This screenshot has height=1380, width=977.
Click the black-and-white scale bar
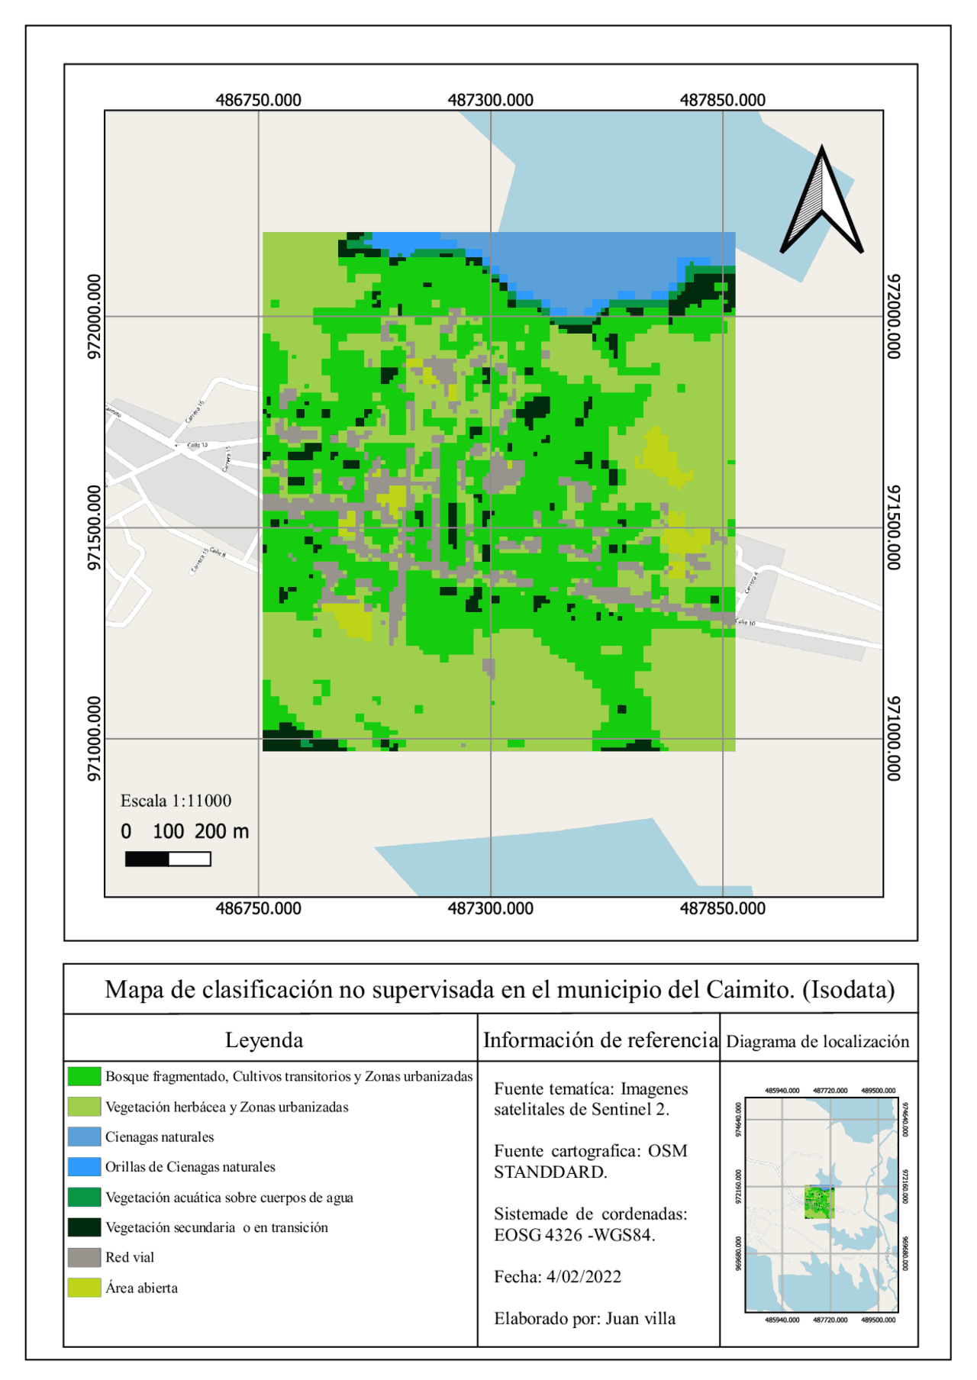pyautogui.click(x=168, y=859)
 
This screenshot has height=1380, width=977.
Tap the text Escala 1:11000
pyautogui.click(x=176, y=801)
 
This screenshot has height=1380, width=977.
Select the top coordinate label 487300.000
pyautogui.click(x=490, y=100)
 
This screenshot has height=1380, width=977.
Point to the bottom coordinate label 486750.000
pyautogui.click(x=258, y=908)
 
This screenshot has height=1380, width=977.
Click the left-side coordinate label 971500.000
pyautogui.click(x=94, y=527)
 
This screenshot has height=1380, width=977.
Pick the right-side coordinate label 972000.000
pyautogui.click(x=894, y=316)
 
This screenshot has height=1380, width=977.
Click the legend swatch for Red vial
pyautogui.click(x=84, y=1257)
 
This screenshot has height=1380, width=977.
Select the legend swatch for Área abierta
pyautogui.click(x=84, y=1288)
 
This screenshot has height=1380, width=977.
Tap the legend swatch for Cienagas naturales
pyautogui.click(x=84, y=1137)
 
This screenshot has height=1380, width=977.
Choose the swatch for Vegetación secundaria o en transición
pyautogui.click(x=84, y=1227)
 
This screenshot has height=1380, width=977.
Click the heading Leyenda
pyautogui.click(x=264, y=1040)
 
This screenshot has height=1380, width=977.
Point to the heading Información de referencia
pyautogui.click(x=600, y=1040)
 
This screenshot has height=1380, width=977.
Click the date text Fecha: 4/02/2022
pyautogui.click(x=557, y=1276)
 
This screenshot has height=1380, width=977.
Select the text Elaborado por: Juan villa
pyautogui.click(x=584, y=1318)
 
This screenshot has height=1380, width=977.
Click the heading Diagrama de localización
pyautogui.click(x=817, y=1042)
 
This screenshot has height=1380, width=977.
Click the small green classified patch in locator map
pyautogui.click(x=819, y=1202)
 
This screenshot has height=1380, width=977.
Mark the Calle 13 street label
pyautogui.click(x=198, y=444)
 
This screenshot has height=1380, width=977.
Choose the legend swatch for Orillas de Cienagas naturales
pyautogui.click(x=84, y=1166)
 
